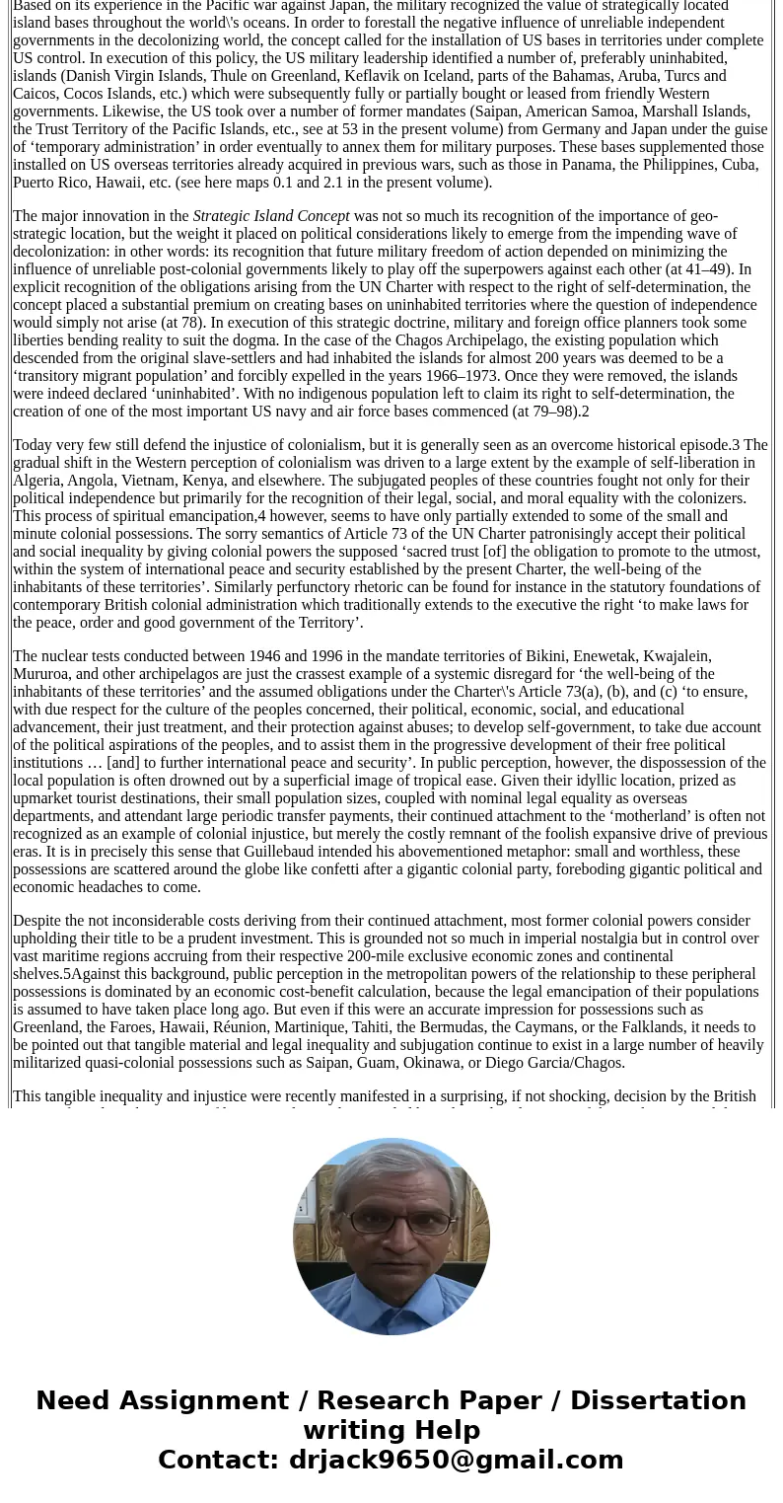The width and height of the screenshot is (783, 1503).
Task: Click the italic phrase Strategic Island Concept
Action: (271, 216)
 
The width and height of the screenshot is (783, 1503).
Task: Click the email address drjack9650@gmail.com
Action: (456, 1460)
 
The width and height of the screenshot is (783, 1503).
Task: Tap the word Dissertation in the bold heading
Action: (658, 1400)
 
